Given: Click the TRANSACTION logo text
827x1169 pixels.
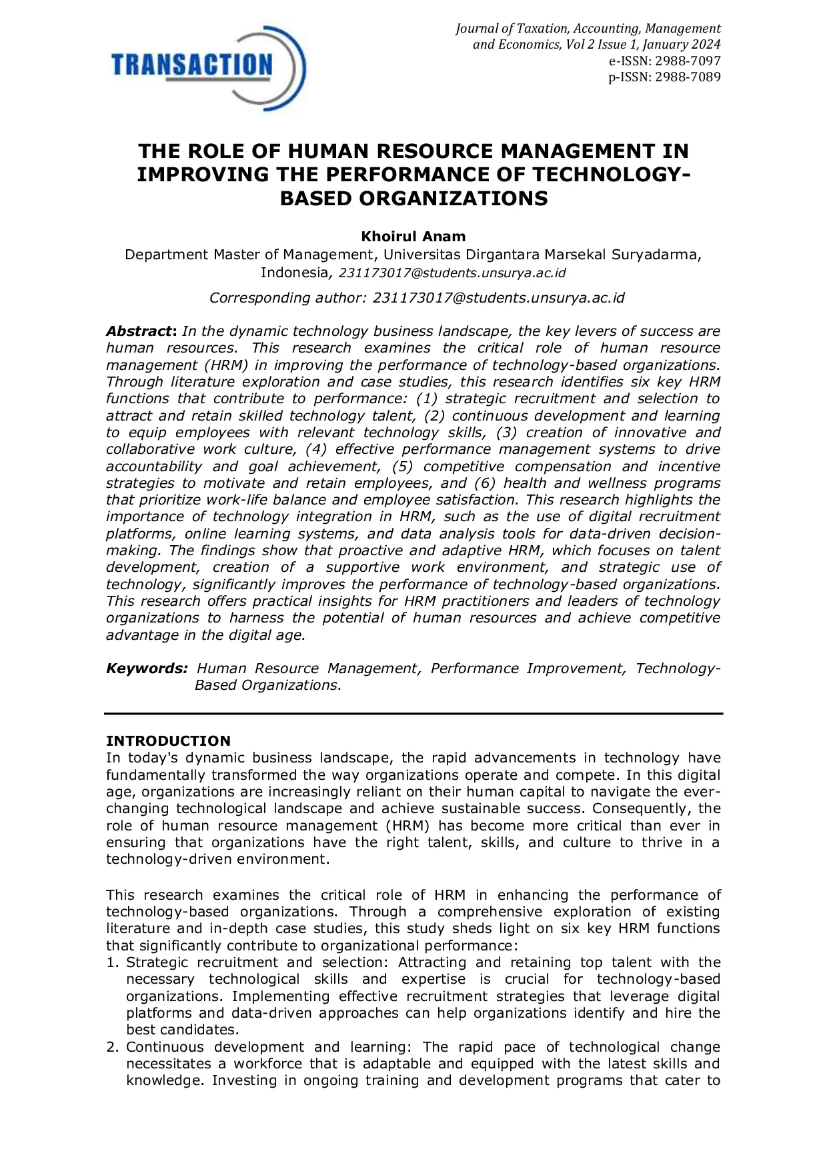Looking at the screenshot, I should point(192,65).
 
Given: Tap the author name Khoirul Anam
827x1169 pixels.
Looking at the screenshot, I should point(413,237).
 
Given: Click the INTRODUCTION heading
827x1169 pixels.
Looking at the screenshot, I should point(168,741).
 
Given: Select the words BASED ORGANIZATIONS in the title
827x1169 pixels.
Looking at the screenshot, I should point(414,199).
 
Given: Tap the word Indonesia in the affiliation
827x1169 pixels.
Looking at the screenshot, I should point(293,273).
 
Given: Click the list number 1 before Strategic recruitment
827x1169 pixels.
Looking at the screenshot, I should point(111,962).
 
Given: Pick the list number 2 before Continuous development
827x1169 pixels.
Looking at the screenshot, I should point(111,1047).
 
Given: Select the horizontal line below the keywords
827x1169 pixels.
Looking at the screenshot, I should point(414,714).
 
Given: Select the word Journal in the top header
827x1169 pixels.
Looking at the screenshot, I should point(476,29).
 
